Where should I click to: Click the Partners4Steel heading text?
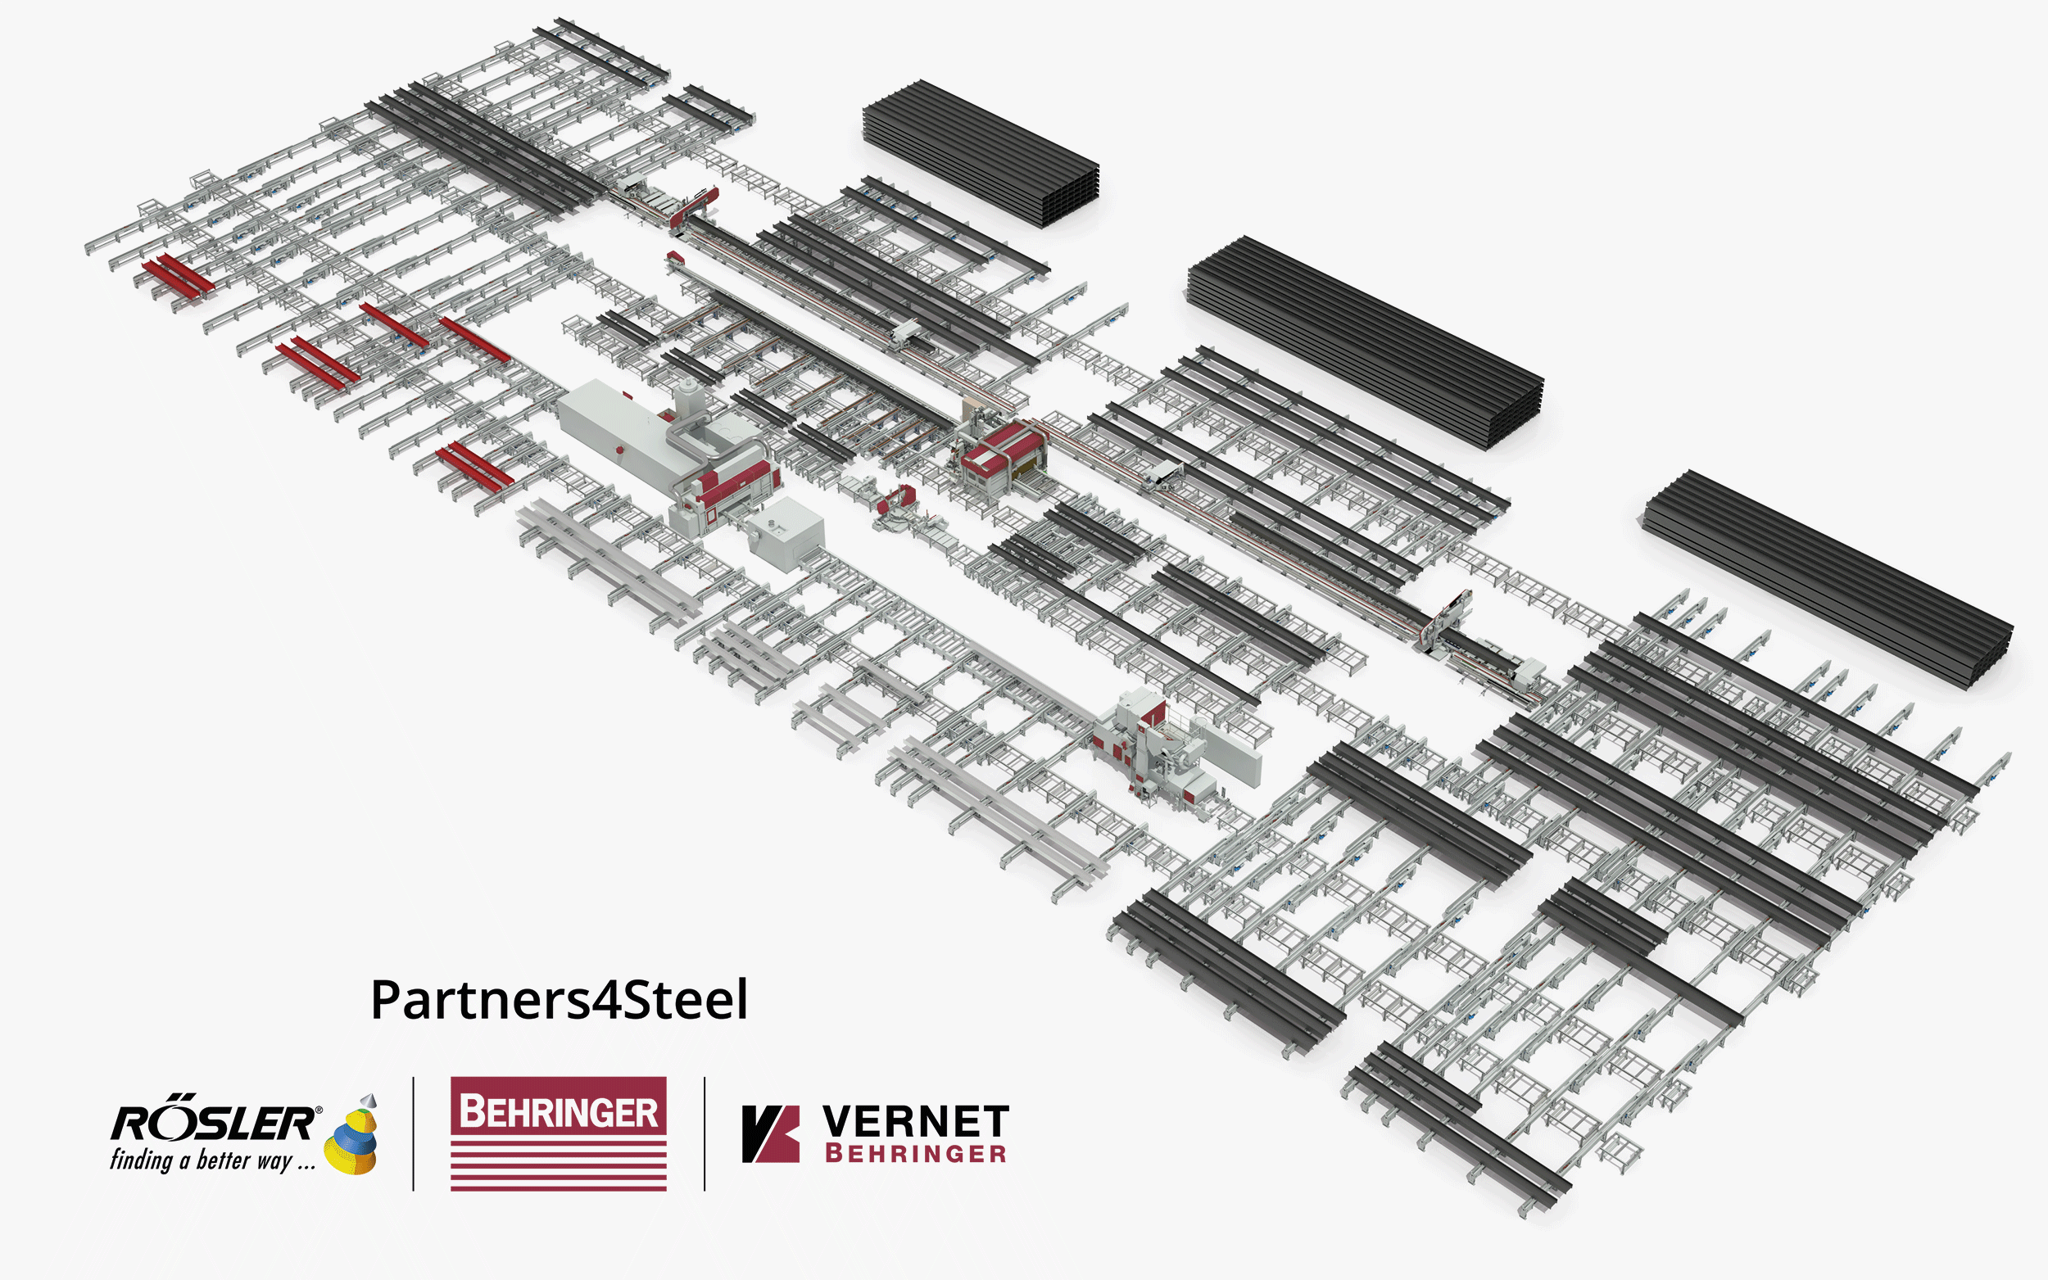point(560,1000)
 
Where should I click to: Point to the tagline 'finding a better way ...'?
point(212,1160)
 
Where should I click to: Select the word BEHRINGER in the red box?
point(559,1111)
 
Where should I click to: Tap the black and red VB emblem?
point(770,1133)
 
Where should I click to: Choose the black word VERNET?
point(915,1122)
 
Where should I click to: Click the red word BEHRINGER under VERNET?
point(915,1153)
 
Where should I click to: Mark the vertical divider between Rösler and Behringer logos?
point(413,1133)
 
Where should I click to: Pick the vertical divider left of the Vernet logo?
point(705,1133)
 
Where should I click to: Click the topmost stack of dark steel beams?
point(981,154)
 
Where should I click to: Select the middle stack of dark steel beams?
point(1365,343)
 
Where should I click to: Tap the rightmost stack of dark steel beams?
point(1827,580)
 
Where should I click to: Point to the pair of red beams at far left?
point(179,275)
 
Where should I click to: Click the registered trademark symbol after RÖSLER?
point(319,1110)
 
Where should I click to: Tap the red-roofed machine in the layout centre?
point(1004,457)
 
